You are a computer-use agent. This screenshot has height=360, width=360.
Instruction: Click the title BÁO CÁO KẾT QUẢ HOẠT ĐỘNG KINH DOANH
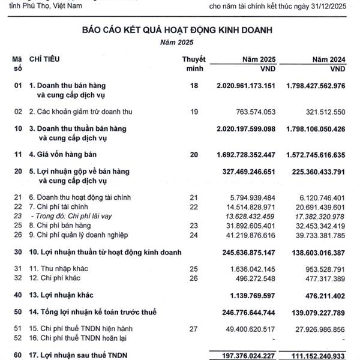click(x=180, y=28)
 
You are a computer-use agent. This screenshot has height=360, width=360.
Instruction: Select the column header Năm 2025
click(x=259, y=59)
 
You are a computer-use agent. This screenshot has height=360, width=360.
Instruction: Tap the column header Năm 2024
click(x=329, y=59)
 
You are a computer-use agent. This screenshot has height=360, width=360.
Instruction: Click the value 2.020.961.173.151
click(x=245, y=86)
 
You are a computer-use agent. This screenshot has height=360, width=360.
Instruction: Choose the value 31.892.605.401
click(x=248, y=225)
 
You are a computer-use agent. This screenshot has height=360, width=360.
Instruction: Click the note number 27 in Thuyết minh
click(x=193, y=329)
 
